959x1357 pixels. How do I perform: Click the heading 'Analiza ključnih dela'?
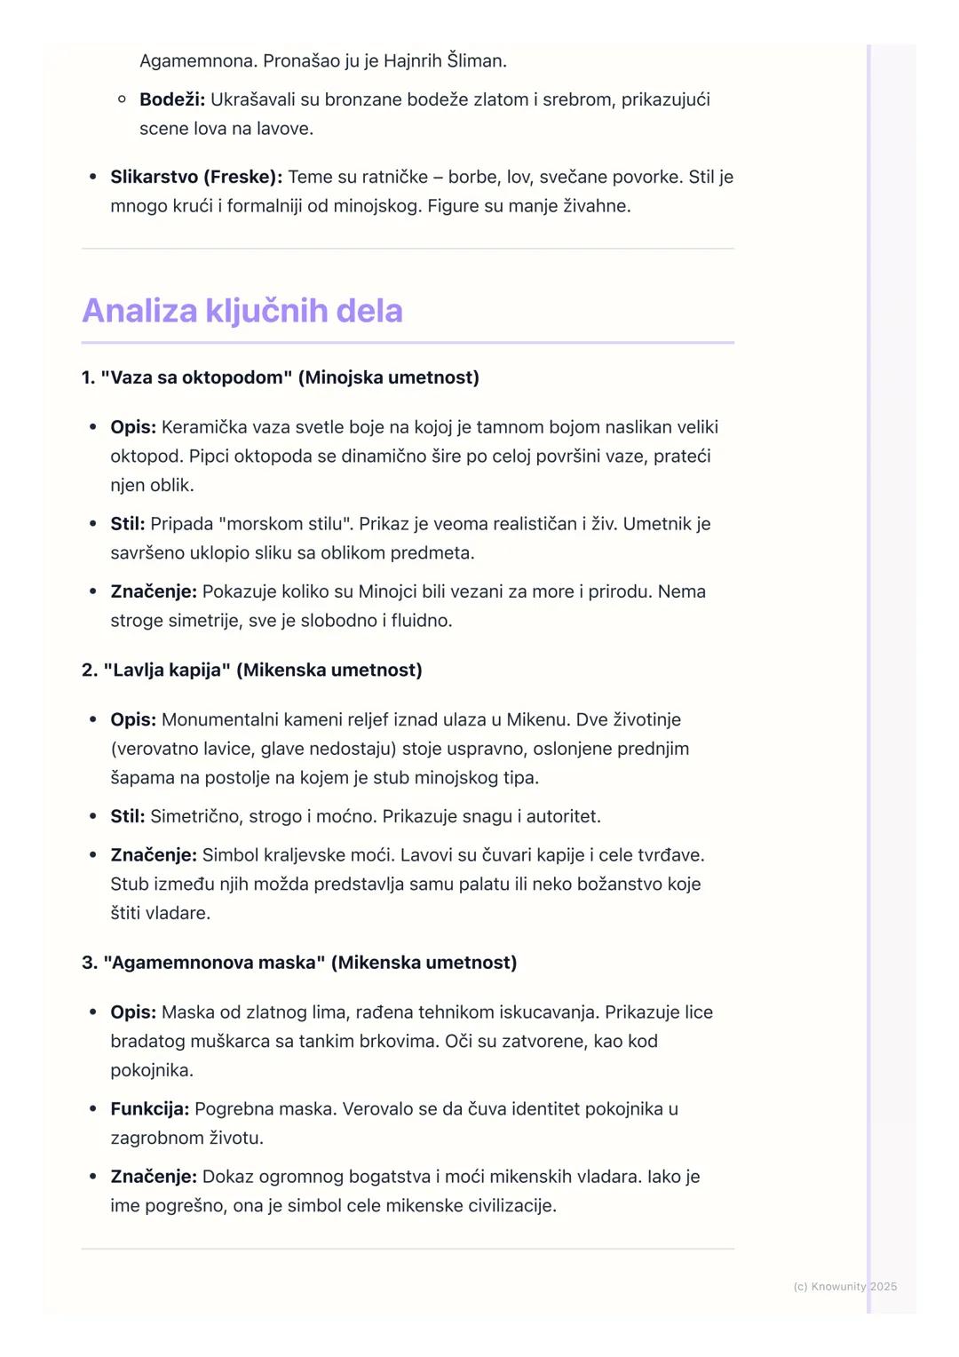pyautogui.click(x=242, y=311)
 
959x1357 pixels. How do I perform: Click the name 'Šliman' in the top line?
pyautogui.click(x=477, y=61)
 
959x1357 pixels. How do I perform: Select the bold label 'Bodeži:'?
pyautogui.click(x=172, y=99)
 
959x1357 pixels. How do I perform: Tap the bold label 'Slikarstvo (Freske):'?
pyautogui.click(x=196, y=177)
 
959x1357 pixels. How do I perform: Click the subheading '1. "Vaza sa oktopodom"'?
pyautogui.click(x=186, y=377)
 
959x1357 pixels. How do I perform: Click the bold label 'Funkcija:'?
pyautogui.click(x=149, y=1108)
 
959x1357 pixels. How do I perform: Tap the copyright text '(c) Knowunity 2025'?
pyautogui.click(x=844, y=1286)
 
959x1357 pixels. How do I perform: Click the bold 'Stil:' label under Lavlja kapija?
pyautogui.click(x=127, y=816)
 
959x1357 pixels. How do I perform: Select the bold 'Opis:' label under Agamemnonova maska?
pyautogui.click(x=133, y=1012)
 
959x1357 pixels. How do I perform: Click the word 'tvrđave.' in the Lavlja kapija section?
pyautogui.click(x=670, y=855)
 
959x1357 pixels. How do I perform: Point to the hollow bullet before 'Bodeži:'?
pyautogui.click(x=123, y=99)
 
